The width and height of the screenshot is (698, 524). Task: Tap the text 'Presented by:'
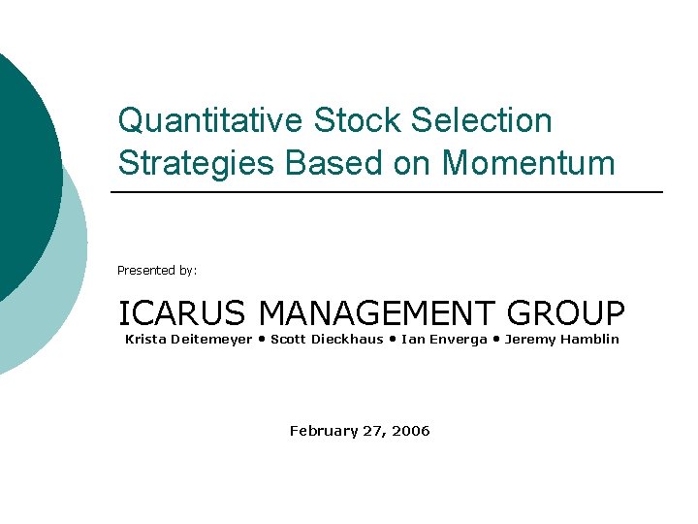click(x=157, y=271)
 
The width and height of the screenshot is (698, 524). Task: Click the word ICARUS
click(x=184, y=313)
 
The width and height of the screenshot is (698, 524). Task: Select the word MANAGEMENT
click(x=378, y=313)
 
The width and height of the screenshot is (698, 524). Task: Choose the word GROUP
click(x=566, y=313)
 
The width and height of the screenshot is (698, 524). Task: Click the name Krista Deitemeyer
click(x=188, y=339)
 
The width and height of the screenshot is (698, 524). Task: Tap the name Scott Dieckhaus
click(x=327, y=339)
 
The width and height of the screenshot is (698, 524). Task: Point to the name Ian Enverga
click(x=443, y=339)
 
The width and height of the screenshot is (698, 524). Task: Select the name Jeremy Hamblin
click(x=561, y=339)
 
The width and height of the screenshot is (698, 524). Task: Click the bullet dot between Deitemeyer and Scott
click(x=262, y=339)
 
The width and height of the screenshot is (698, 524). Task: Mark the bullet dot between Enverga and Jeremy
click(x=496, y=339)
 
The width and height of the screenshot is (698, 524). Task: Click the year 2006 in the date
click(x=411, y=431)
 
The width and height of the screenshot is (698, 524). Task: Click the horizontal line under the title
click(x=388, y=192)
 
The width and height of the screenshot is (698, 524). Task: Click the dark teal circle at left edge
click(x=24, y=175)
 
